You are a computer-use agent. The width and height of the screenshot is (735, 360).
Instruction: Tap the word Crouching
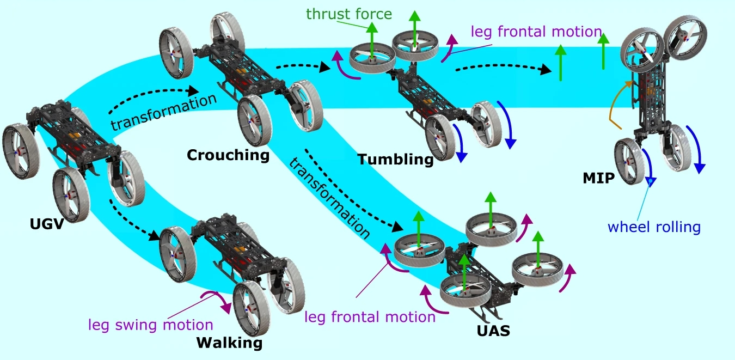point(228,155)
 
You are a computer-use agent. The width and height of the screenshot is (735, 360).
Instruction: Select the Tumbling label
point(395,160)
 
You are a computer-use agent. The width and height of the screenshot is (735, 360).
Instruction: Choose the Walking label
point(229,343)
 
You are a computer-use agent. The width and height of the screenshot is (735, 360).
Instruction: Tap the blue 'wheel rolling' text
point(654,226)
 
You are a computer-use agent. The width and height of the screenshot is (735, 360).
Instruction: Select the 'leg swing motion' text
point(150,325)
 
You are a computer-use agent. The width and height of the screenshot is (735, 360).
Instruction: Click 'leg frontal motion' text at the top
point(536,32)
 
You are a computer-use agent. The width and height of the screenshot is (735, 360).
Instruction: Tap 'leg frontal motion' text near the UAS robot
point(370,316)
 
